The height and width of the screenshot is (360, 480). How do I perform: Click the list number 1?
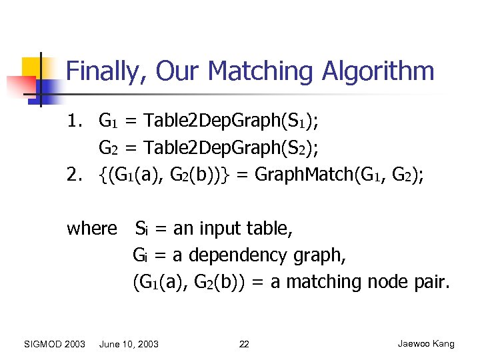73,121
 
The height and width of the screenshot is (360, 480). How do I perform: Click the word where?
92,229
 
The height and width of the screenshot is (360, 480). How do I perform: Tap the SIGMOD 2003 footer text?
55,344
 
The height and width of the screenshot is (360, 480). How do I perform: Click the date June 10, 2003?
129,344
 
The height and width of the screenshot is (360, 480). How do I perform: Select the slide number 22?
244,344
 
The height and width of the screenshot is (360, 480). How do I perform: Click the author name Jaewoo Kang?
426,344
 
